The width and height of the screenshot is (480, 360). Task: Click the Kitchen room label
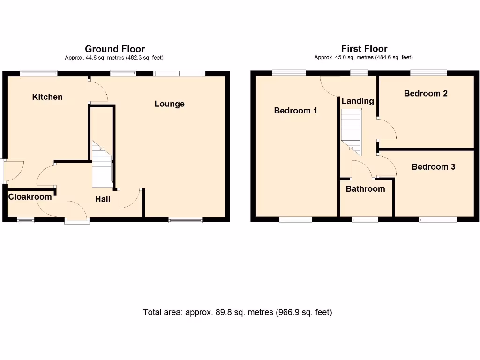point(47,97)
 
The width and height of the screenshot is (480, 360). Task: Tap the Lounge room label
point(169,104)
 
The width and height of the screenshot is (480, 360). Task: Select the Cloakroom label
point(30,197)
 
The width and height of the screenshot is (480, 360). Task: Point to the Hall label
point(103,199)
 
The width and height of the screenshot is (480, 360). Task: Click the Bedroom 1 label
point(295,111)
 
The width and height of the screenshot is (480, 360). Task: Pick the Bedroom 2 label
point(426,93)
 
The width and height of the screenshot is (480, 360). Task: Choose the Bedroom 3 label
point(433,167)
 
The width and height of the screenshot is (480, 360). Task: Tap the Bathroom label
point(365,189)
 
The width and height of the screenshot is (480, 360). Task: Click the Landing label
point(357,101)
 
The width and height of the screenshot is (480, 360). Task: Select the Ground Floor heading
point(114,49)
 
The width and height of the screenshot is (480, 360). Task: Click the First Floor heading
point(364,49)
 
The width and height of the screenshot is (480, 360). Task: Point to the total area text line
point(237,312)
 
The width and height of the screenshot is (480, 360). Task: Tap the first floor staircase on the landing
point(351,131)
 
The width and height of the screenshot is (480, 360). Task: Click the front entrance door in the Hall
point(77,212)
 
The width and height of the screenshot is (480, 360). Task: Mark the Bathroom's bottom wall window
point(365,219)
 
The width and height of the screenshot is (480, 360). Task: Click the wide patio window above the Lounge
point(179,73)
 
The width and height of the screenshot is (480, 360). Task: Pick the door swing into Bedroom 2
point(386,130)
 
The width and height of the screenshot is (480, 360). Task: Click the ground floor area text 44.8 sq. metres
point(114,58)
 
